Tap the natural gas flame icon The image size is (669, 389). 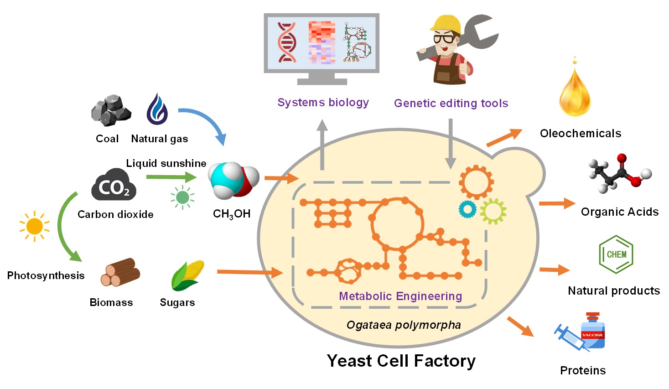(157, 109)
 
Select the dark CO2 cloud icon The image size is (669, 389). (114, 185)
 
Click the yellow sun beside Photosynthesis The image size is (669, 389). (34, 226)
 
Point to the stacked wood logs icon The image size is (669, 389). (120, 272)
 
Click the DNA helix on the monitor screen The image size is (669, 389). (287, 42)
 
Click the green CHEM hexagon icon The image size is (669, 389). (616, 254)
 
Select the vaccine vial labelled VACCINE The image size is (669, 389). (592, 332)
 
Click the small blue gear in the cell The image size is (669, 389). (467, 209)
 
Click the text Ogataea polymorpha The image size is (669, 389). (404, 325)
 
